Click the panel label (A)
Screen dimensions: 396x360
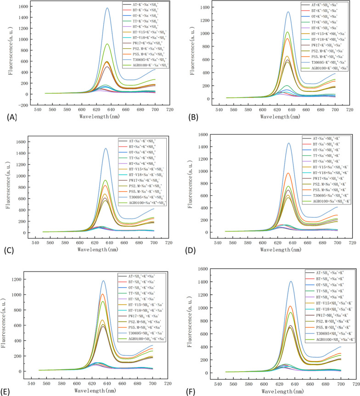click(x=9, y=117)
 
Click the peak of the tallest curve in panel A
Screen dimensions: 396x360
click(x=107, y=8)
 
